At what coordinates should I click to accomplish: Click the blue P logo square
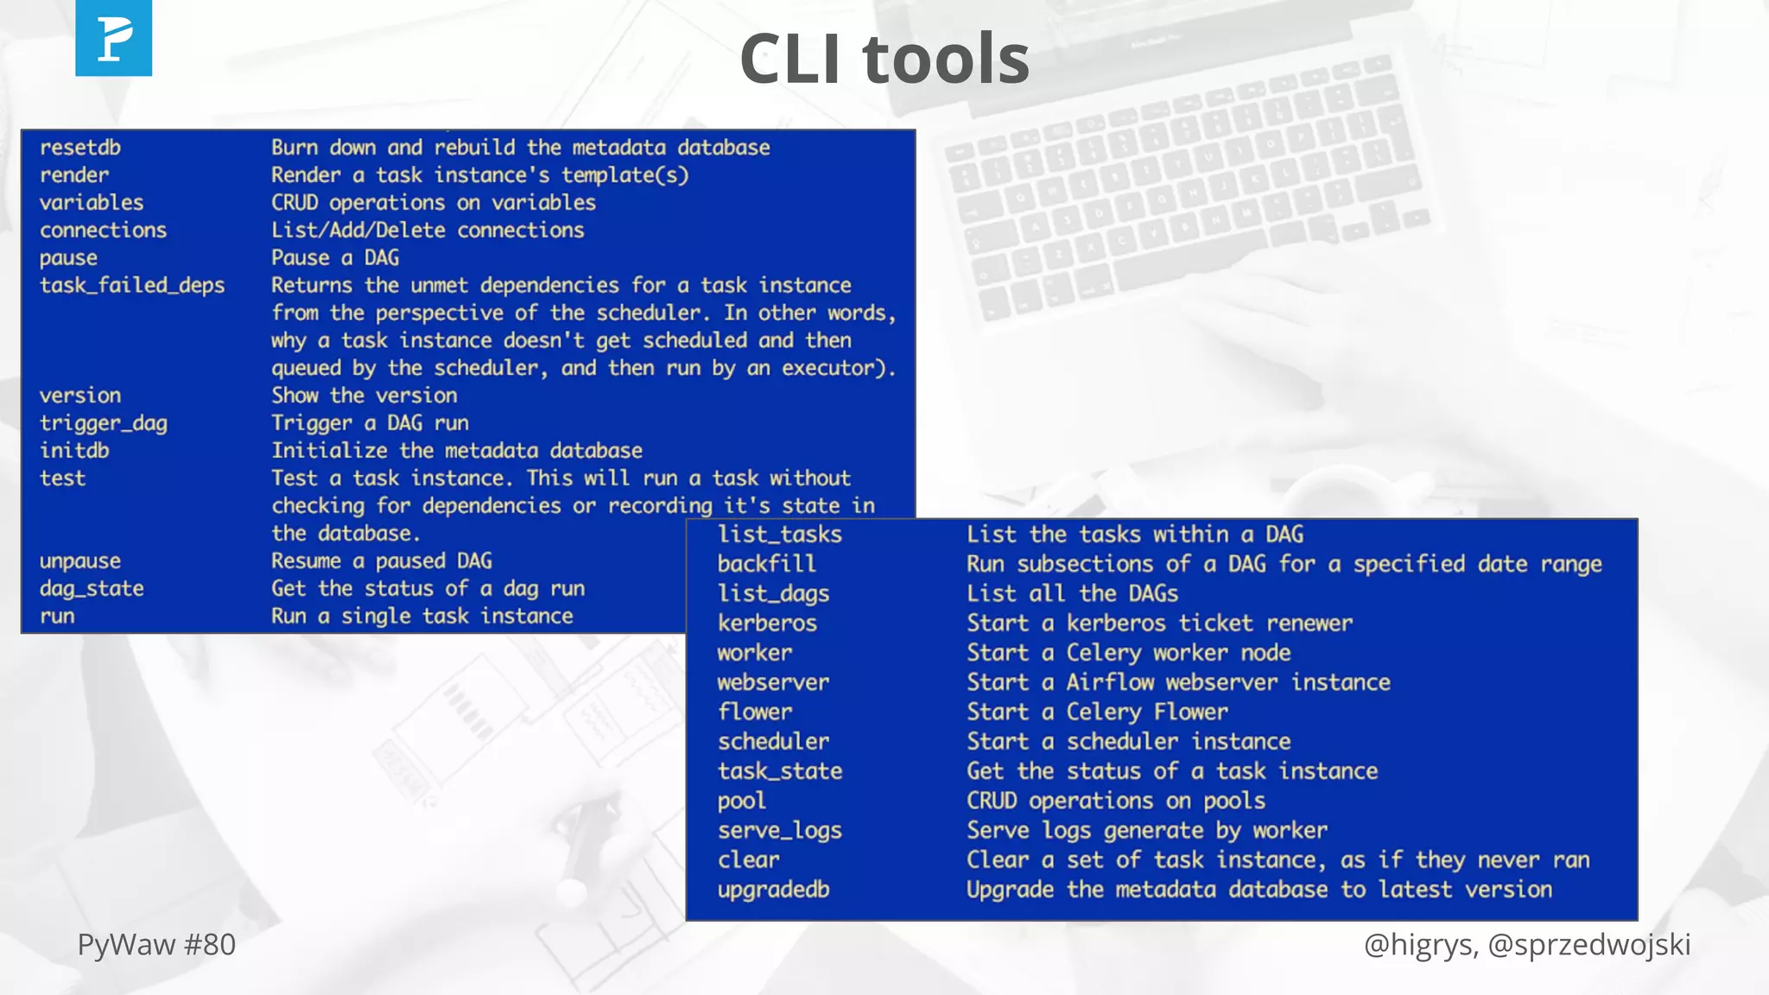113,38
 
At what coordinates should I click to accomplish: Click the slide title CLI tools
884,59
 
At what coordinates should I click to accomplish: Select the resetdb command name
80,148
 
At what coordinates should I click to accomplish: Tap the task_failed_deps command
132,285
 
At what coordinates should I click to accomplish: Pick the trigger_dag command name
104,423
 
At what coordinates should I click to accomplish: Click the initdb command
74,451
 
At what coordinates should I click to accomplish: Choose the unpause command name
80,561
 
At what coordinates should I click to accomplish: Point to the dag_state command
92,589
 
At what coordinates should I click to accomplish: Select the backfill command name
766,564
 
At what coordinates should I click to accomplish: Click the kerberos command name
767,624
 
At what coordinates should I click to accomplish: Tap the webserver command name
773,682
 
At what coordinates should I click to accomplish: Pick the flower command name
755,712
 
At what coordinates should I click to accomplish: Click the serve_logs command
780,831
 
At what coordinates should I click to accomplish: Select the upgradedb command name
773,890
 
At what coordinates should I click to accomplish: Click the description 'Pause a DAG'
335,258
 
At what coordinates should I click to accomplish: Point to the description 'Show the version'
365,396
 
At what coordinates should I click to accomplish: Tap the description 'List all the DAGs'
1072,594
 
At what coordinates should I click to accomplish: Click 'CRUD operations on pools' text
1116,801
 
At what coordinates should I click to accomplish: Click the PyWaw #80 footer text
156,945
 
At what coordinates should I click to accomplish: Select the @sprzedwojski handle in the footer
1589,945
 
